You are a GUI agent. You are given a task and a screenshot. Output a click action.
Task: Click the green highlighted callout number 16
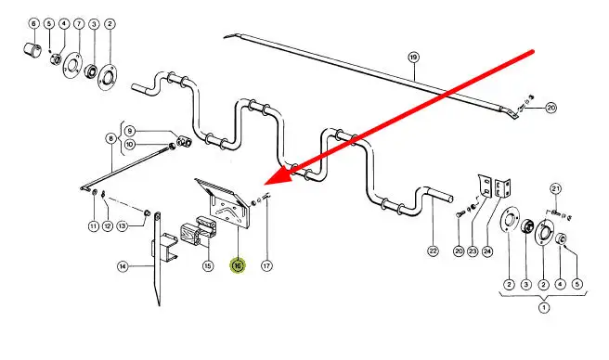tap(238, 265)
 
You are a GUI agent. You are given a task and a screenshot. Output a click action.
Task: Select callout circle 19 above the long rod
tap(414, 58)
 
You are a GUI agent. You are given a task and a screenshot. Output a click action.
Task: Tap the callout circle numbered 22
tap(433, 251)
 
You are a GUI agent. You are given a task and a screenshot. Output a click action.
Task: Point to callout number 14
tap(123, 266)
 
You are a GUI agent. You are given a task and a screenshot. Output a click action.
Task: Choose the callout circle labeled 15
tap(208, 265)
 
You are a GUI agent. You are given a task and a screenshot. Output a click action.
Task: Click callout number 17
tap(266, 265)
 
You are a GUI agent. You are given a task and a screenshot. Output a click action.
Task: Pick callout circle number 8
tap(111, 138)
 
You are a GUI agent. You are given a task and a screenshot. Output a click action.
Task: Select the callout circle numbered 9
tap(130, 131)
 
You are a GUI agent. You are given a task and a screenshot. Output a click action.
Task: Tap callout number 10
tap(130, 145)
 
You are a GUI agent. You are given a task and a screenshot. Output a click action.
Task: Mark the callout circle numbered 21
tap(556, 189)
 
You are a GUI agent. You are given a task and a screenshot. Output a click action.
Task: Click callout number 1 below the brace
tap(544, 308)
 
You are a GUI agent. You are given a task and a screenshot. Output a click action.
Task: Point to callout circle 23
tap(473, 251)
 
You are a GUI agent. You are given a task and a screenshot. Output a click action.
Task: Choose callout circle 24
tap(487, 251)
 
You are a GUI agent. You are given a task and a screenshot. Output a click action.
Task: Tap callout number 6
tap(33, 24)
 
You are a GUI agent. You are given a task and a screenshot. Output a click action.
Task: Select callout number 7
tap(79, 24)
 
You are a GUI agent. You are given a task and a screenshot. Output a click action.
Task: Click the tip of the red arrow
tap(265, 183)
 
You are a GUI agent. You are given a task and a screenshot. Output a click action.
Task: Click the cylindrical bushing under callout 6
tap(32, 50)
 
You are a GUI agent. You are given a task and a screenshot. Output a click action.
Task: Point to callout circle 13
tap(123, 225)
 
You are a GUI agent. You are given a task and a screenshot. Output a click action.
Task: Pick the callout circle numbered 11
tap(94, 226)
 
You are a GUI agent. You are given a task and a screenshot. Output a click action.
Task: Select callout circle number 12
tap(108, 226)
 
